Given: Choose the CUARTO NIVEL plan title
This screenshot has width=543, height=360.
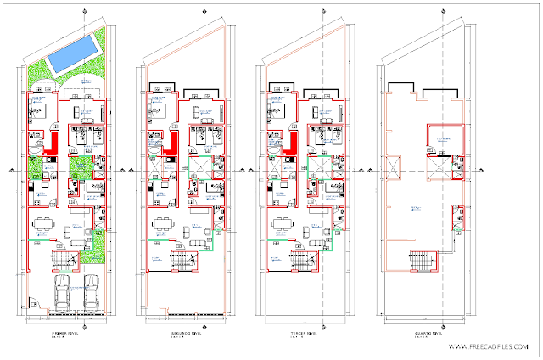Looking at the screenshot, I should point(426,335).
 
